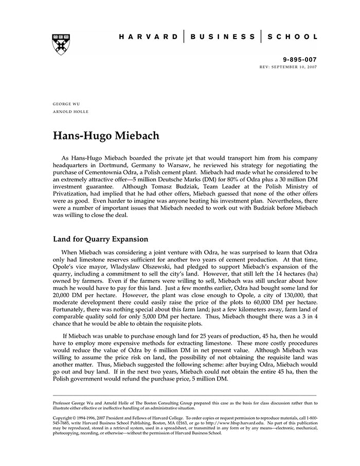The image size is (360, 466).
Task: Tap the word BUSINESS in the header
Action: click(x=222, y=37)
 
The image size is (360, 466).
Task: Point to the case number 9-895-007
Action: click(x=300, y=60)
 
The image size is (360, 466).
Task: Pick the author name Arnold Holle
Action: click(x=70, y=112)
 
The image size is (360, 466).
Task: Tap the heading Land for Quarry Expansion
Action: click(x=101, y=239)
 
